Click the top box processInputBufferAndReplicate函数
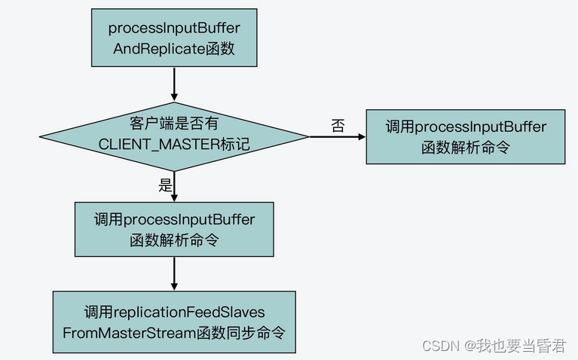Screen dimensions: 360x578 coord(174,38)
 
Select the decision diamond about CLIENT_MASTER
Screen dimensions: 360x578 coord(174,136)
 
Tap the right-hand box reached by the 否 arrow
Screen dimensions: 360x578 coord(465,136)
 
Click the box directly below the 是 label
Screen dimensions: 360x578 coord(174,229)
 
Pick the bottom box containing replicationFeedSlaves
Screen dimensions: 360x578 coord(174,321)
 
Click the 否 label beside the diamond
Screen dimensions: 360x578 coord(338,126)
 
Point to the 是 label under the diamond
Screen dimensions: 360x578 coord(166,186)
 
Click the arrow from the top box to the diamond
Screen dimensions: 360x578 coord(174,84)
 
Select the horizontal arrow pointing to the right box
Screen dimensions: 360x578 coord(337,136)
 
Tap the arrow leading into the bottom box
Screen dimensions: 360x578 coord(174,274)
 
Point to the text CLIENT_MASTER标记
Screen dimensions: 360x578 coord(174,145)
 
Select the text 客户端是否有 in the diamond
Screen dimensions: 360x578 coord(174,125)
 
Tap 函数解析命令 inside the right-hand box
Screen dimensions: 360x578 coord(465,147)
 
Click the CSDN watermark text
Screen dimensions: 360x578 coord(441,346)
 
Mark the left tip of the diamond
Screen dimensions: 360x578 coord(41,136)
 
